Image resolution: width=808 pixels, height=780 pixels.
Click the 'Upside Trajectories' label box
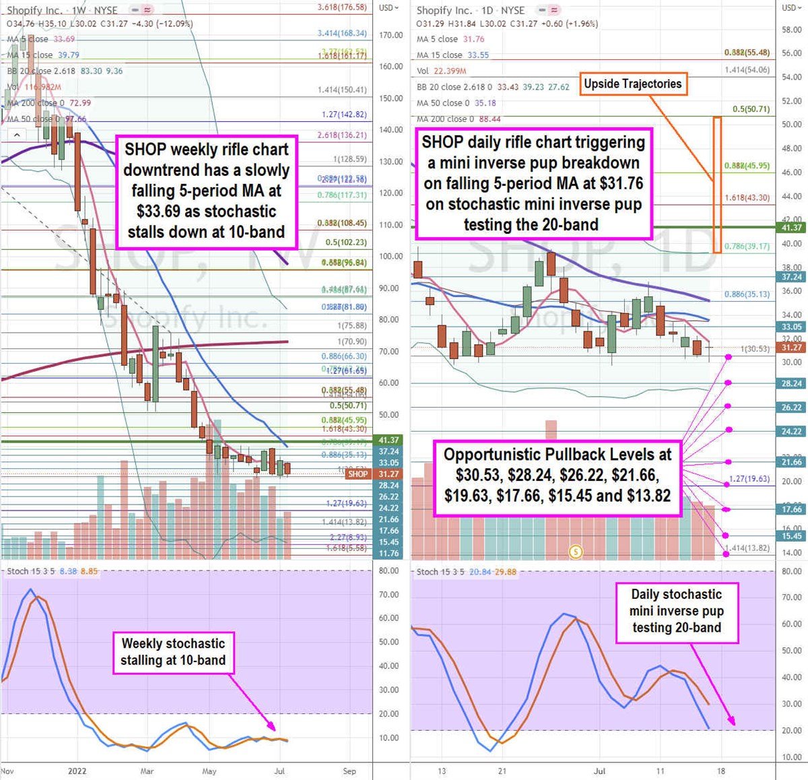632,84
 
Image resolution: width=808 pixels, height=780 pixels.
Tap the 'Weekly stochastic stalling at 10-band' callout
173,652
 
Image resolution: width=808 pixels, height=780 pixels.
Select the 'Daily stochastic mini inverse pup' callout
676,611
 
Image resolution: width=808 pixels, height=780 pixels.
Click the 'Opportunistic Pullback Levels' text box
557,476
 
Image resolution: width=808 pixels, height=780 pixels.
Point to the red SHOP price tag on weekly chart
358,474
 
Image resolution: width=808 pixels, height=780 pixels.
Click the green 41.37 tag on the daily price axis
792,228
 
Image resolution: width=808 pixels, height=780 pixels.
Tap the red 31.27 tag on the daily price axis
792,348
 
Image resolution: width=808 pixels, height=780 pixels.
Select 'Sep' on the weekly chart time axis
349,771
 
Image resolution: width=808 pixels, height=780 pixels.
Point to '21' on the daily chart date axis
502,771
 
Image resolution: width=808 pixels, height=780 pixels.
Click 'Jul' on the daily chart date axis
600,771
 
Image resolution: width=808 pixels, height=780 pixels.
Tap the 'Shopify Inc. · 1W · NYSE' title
62,10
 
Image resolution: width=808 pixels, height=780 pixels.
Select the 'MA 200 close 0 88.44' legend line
450,119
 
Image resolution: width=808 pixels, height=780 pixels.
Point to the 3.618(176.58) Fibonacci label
342,7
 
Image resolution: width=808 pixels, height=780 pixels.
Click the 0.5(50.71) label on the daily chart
751,108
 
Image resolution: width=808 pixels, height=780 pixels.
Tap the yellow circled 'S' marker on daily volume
576,552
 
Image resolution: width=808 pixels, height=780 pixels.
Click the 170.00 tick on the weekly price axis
391,35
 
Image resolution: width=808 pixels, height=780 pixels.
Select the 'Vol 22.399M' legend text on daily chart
442,71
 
